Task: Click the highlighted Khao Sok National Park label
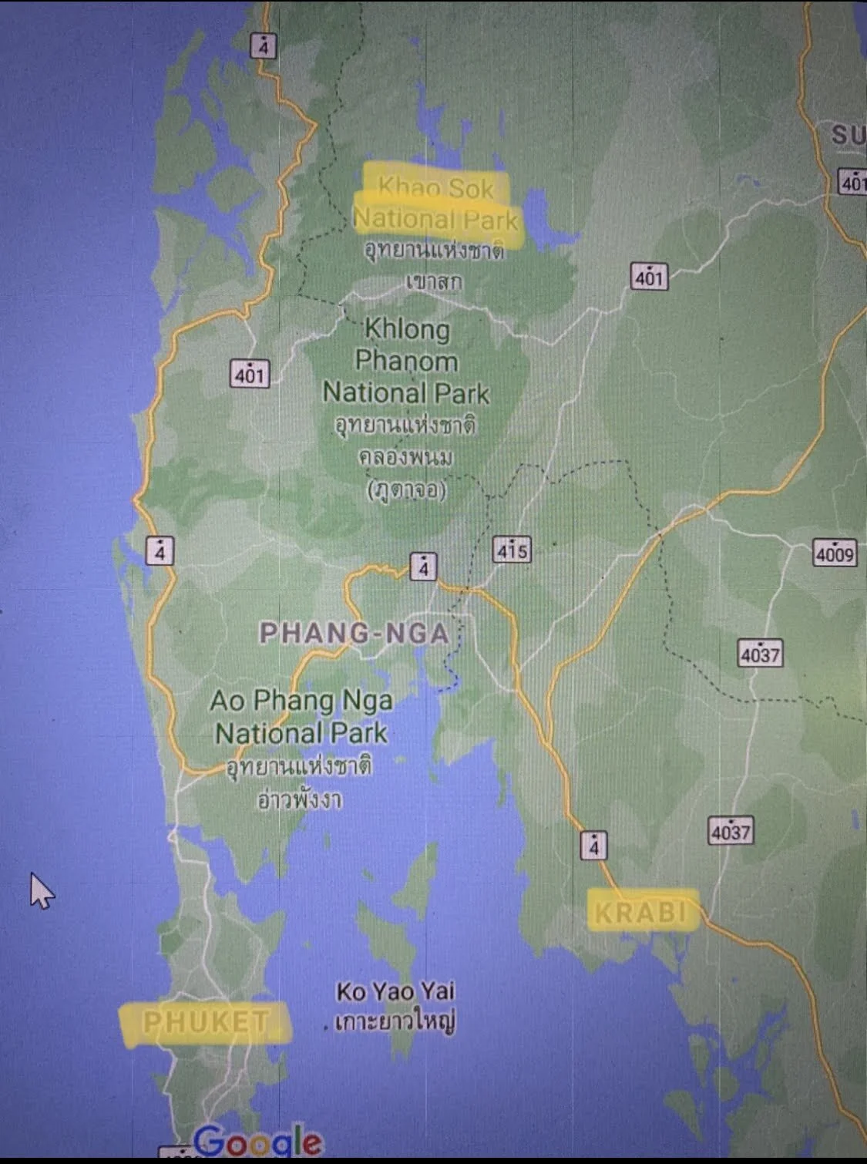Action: (x=436, y=204)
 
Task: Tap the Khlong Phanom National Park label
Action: (x=406, y=361)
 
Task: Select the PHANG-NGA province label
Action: (x=354, y=634)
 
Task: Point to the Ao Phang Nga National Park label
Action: (x=301, y=717)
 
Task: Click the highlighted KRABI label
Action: (x=640, y=913)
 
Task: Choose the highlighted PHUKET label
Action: (x=206, y=1022)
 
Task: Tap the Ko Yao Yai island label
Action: (x=395, y=991)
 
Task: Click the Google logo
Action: (x=257, y=1141)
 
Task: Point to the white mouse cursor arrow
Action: (x=40, y=890)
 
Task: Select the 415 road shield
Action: (x=512, y=550)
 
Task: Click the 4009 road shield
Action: (x=835, y=553)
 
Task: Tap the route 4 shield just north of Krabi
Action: (x=593, y=846)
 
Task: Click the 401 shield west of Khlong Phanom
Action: (x=250, y=375)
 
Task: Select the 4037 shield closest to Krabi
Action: (x=731, y=832)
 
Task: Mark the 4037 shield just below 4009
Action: (x=760, y=654)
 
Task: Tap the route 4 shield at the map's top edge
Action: (x=264, y=47)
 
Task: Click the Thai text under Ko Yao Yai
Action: (x=395, y=1022)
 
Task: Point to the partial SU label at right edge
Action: (x=848, y=136)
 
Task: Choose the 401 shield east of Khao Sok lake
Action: (x=649, y=277)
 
